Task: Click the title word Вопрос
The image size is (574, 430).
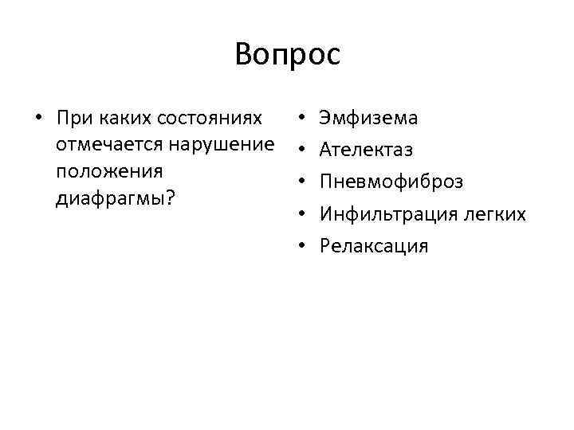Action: (x=287, y=55)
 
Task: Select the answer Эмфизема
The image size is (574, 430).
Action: (x=368, y=119)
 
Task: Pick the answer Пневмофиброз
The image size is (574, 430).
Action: (x=391, y=182)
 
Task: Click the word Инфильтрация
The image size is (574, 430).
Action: (x=386, y=214)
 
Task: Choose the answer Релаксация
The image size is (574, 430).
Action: (x=373, y=246)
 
